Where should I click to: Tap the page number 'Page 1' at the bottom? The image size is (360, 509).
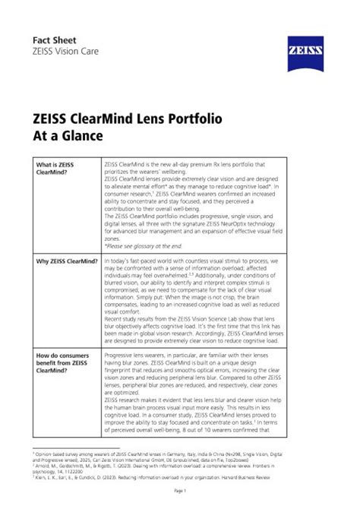point(179,492)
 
